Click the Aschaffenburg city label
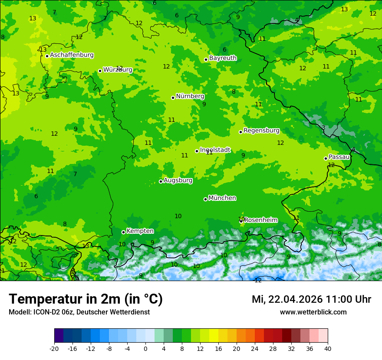click(72, 55)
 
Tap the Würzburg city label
click(118, 70)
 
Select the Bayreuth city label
click(223, 58)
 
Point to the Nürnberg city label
click(190, 96)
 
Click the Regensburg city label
click(261, 131)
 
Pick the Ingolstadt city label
click(215, 150)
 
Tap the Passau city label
click(339, 157)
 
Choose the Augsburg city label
click(178, 180)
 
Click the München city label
click(222, 198)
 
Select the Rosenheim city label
click(260, 220)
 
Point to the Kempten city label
click(140, 231)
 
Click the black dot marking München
click(205, 199)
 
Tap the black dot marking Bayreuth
click(206, 59)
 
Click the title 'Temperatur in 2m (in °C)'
click(86, 299)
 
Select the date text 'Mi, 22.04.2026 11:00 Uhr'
click(311, 299)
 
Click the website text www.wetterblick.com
click(313, 312)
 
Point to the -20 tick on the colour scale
click(54, 349)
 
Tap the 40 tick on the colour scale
click(327, 349)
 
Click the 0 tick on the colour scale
click(145, 349)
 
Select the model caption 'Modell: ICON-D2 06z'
click(42, 312)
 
